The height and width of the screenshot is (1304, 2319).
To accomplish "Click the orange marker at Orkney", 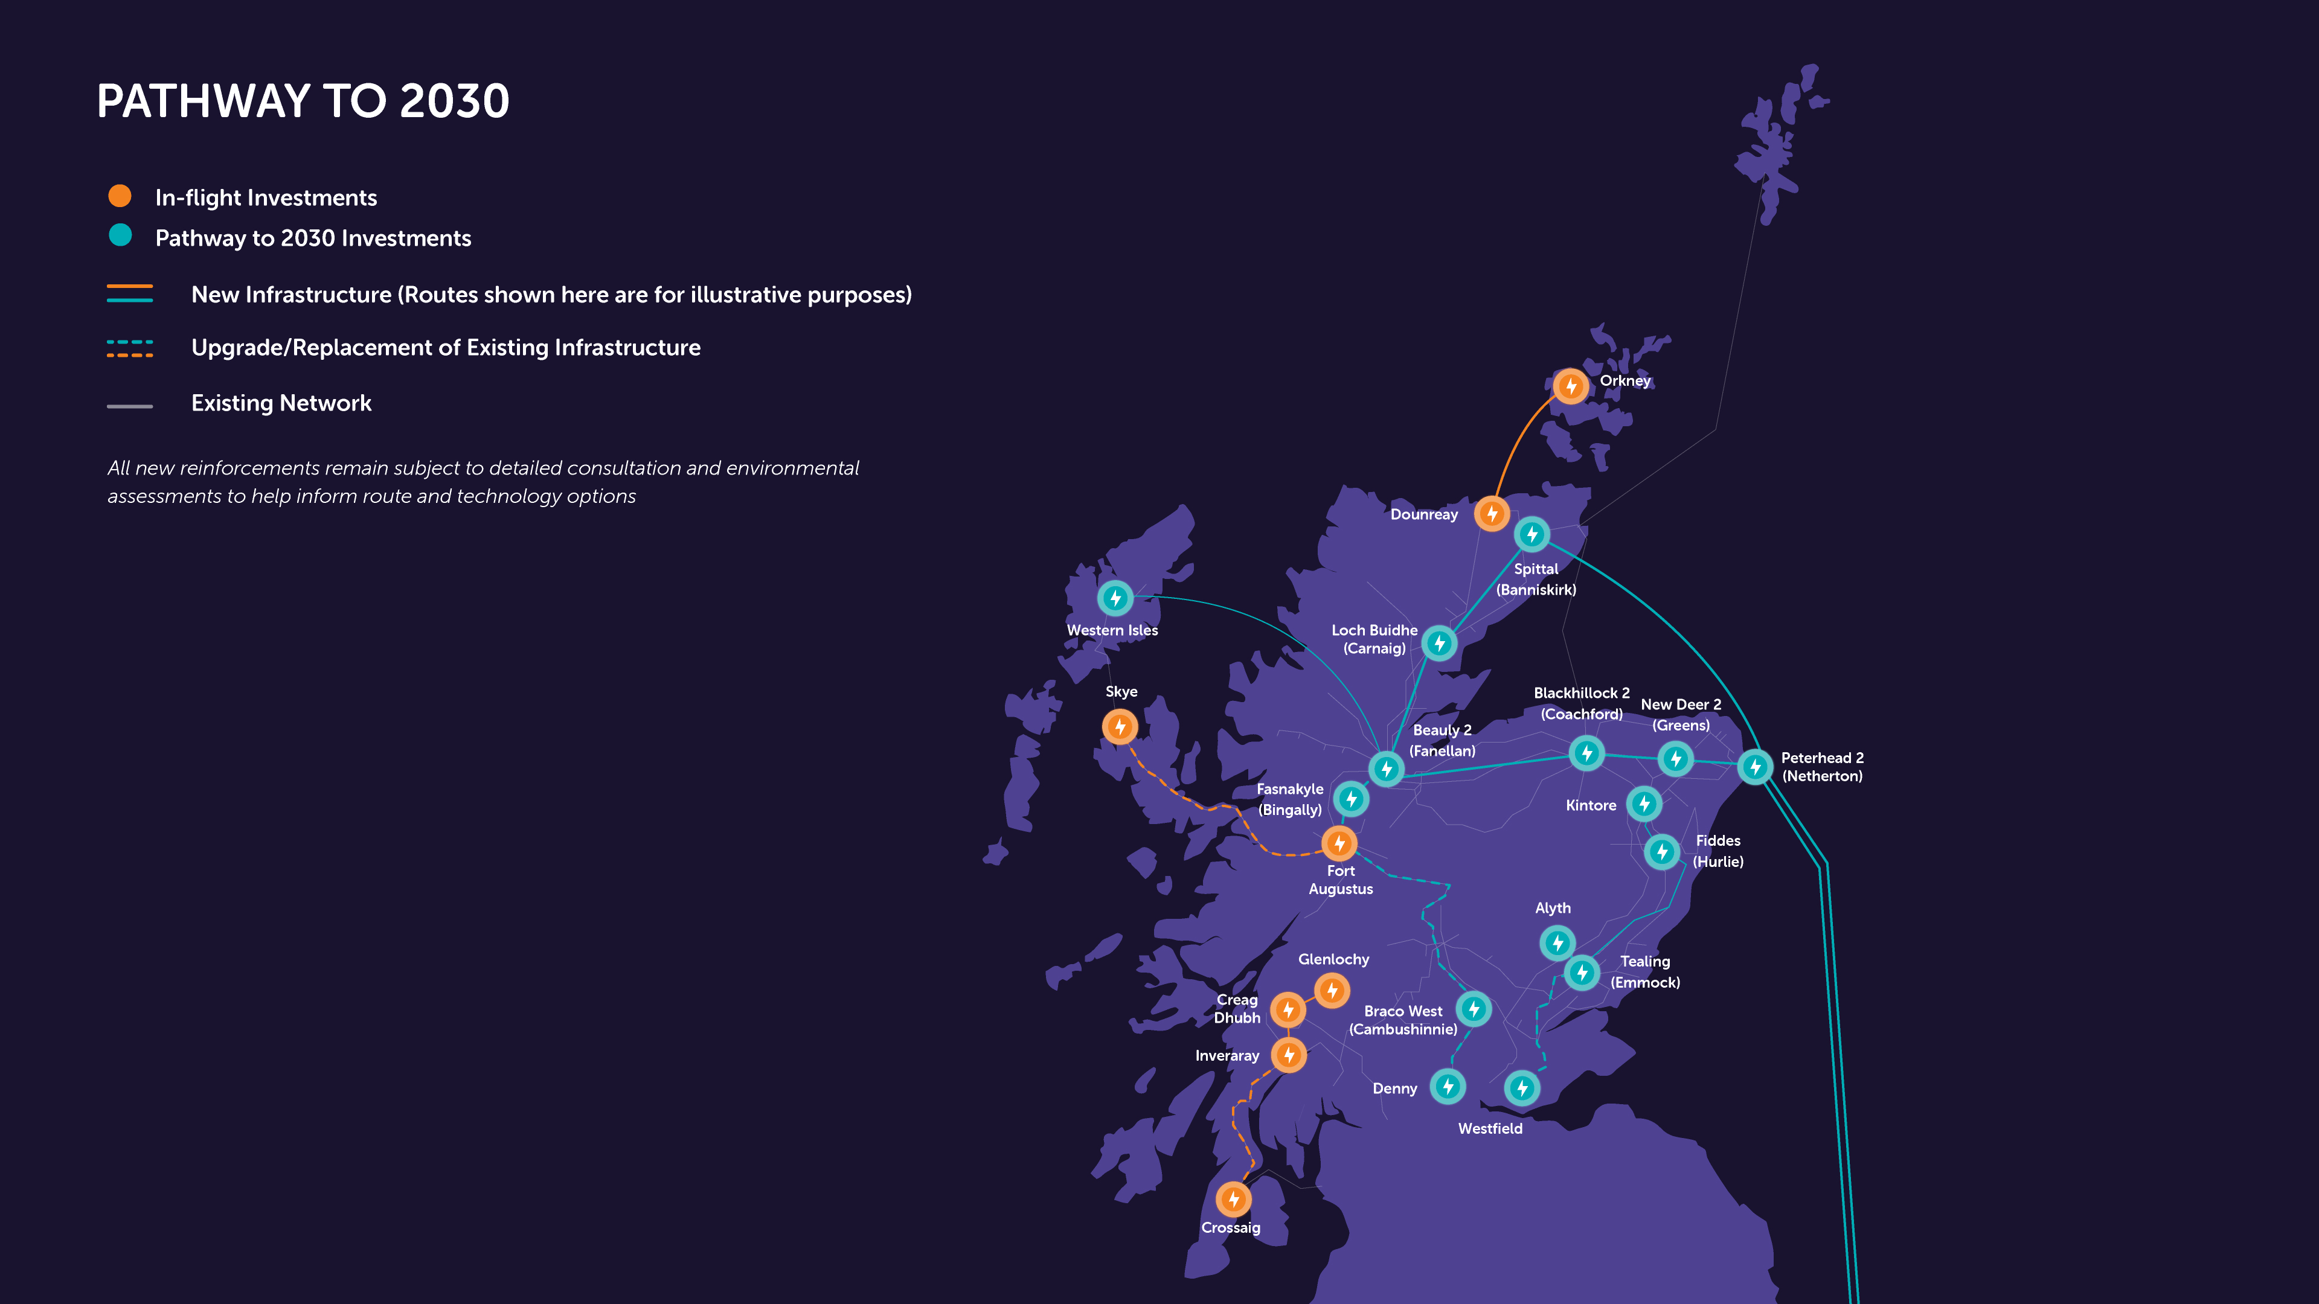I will pyautogui.click(x=1571, y=386).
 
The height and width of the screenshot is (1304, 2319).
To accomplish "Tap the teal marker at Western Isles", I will pyautogui.click(x=1115, y=598).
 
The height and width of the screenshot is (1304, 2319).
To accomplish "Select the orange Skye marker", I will pyautogui.click(x=1120, y=726).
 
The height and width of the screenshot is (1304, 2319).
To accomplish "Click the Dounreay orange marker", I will pyautogui.click(x=1492, y=514).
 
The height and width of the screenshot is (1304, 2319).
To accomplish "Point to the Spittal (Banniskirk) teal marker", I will pyautogui.click(x=1532, y=534).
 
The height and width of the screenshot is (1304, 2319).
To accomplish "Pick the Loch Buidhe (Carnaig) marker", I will pyautogui.click(x=1440, y=642).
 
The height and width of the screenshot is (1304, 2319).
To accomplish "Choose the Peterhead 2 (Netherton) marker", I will pyautogui.click(x=1754, y=767).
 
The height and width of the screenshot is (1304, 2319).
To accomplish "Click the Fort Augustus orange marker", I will pyautogui.click(x=1339, y=843).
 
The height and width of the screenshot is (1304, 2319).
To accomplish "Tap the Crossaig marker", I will pyautogui.click(x=1233, y=1199).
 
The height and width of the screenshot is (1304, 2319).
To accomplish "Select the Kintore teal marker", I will pyautogui.click(x=1644, y=804).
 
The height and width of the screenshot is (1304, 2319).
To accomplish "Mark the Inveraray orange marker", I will pyautogui.click(x=1289, y=1055).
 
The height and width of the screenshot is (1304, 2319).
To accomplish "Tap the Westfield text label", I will pyautogui.click(x=1490, y=1128).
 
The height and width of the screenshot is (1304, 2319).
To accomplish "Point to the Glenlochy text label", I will pyautogui.click(x=1333, y=959).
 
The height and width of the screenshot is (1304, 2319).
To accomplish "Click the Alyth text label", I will pyautogui.click(x=1553, y=908).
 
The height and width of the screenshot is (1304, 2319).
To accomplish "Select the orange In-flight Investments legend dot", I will pyautogui.click(x=120, y=196).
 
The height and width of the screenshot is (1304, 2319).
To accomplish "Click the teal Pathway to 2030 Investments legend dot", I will pyautogui.click(x=120, y=236).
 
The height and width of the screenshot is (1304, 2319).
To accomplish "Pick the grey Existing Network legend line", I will pyautogui.click(x=130, y=406).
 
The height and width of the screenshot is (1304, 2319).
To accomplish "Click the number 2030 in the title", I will pyautogui.click(x=455, y=101).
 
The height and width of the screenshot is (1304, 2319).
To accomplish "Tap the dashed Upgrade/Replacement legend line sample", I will pyautogui.click(x=130, y=348).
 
